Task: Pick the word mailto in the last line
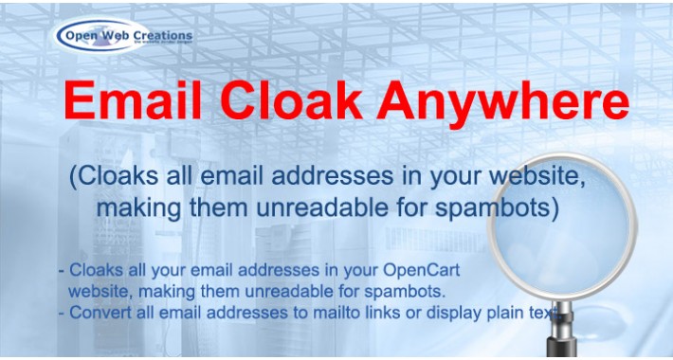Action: [347, 310]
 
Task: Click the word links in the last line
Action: [396, 310]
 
